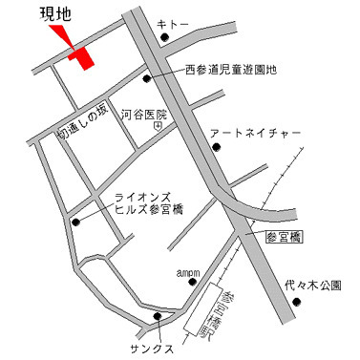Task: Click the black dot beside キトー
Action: [164, 39]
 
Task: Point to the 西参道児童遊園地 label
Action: [230, 69]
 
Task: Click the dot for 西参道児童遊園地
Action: [146, 78]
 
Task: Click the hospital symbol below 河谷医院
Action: [158, 125]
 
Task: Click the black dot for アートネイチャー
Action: [216, 147]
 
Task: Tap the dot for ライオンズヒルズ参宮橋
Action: [74, 222]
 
